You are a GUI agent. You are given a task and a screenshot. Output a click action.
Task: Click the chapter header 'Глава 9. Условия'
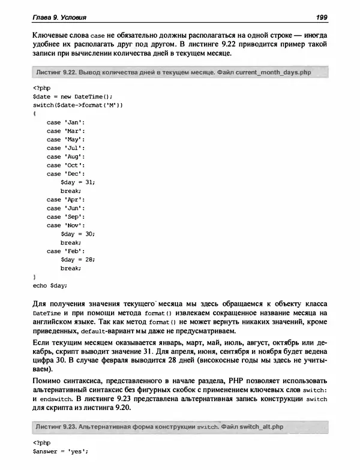(x=59, y=15)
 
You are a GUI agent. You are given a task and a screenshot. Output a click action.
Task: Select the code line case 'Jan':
(x=65, y=122)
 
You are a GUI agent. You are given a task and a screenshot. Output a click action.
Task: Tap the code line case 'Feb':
(x=65, y=251)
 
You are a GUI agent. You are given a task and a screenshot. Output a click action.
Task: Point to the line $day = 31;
(x=78, y=182)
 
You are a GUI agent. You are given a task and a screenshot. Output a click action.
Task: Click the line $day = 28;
(x=78, y=260)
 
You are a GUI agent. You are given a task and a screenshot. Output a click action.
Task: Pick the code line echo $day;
(x=50, y=285)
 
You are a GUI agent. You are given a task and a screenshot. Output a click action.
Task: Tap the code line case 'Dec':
(x=65, y=174)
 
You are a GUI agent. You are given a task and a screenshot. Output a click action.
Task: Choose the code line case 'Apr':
(x=65, y=200)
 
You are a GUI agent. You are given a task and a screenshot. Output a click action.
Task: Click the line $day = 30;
(x=78, y=234)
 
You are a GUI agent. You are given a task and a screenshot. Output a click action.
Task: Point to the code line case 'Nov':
(x=65, y=225)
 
